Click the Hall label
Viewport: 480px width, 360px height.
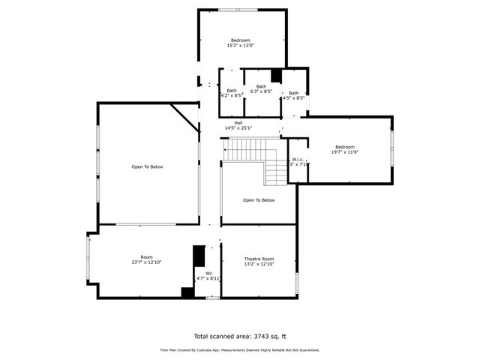click(238, 123)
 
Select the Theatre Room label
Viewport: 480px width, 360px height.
click(259, 258)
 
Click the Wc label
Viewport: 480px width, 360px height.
click(199, 273)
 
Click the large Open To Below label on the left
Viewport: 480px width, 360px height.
click(147, 167)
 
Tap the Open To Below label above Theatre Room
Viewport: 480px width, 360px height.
click(259, 200)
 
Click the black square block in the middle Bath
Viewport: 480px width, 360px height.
click(276, 74)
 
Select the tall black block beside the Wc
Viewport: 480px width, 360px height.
click(199, 256)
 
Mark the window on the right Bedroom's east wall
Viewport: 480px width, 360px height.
click(391, 148)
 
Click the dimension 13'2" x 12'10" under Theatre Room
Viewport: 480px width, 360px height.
click(259, 264)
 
